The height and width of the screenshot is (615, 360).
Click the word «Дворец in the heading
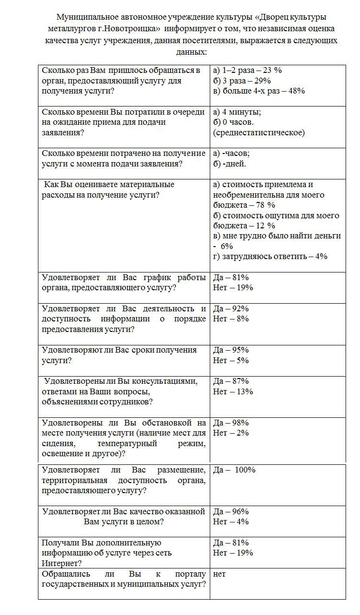pos(273,17)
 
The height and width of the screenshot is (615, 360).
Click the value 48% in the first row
pos(295,91)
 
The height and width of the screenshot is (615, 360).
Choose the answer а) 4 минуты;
pos(237,112)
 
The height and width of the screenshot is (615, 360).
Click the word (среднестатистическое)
pos(259,133)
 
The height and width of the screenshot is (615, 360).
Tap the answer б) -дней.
pos(229,164)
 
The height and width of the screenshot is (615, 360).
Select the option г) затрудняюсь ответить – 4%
pos(270,257)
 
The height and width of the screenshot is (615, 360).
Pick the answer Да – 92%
pos(231,309)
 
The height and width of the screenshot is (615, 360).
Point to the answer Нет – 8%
pos(231,319)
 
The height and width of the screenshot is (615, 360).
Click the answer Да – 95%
pos(231,350)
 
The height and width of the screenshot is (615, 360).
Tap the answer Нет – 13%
pos(233,391)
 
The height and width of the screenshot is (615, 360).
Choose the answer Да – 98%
pos(231,423)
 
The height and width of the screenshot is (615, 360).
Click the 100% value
pos(245,470)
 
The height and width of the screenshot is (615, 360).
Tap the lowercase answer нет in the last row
pos(219,574)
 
